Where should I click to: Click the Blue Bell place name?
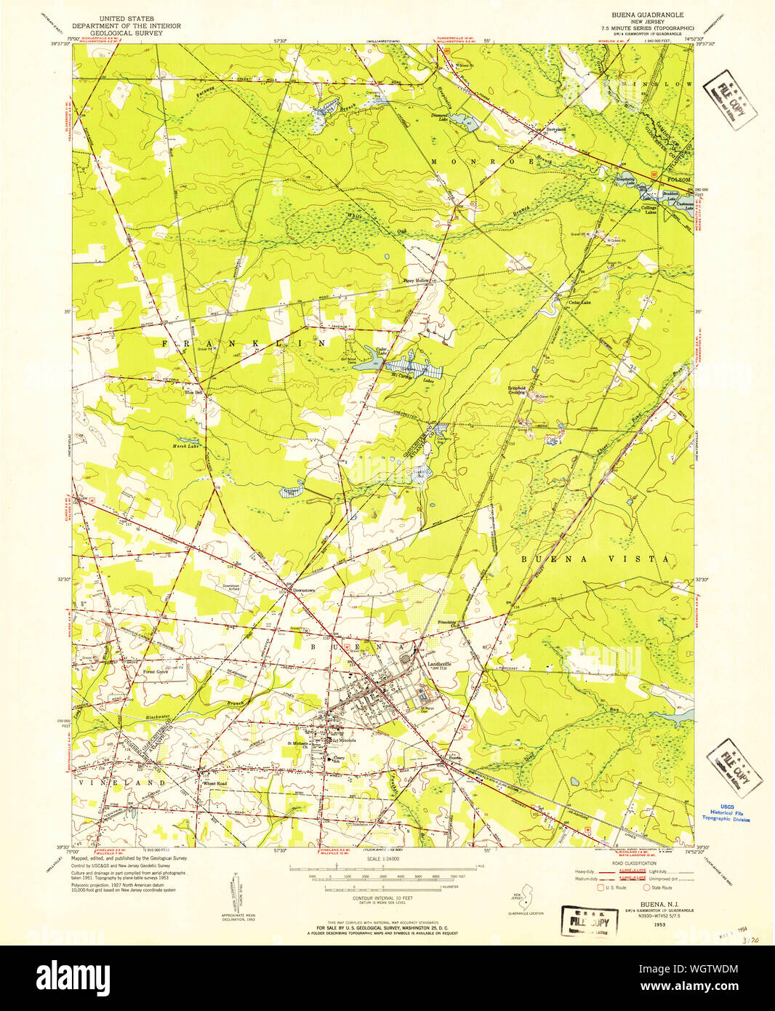click(193, 393)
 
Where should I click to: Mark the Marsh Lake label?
click(185, 446)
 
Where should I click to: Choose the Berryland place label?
click(555, 129)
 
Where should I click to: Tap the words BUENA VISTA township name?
click(594, 559)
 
